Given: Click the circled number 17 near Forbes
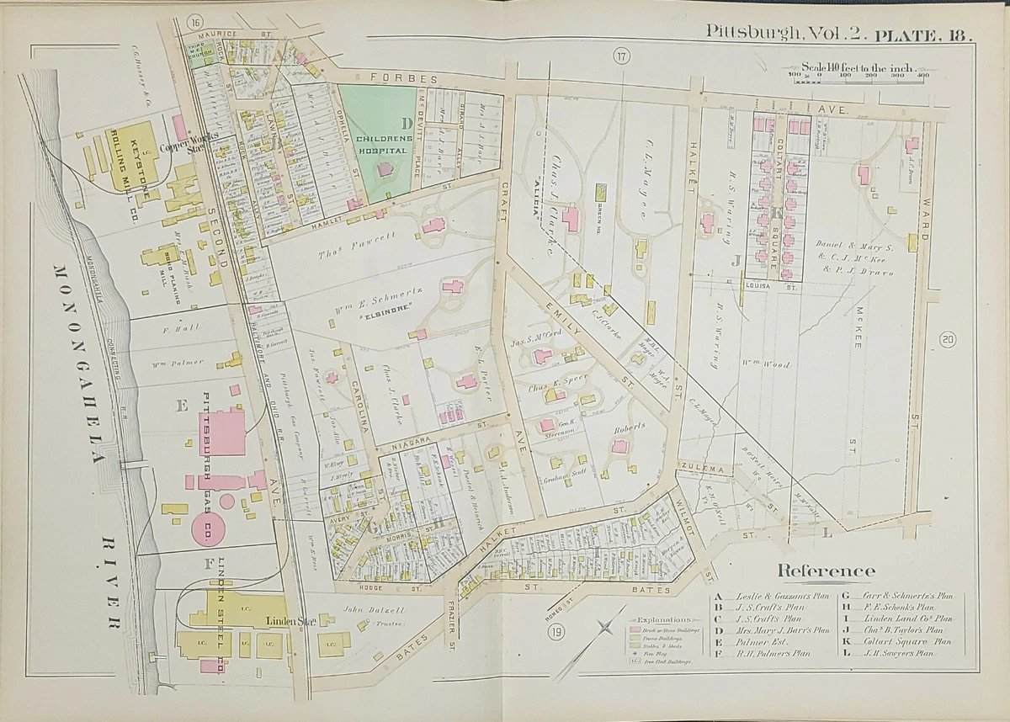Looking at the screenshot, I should (x=621, y=57).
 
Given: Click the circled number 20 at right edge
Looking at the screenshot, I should (x=948, y=340).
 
